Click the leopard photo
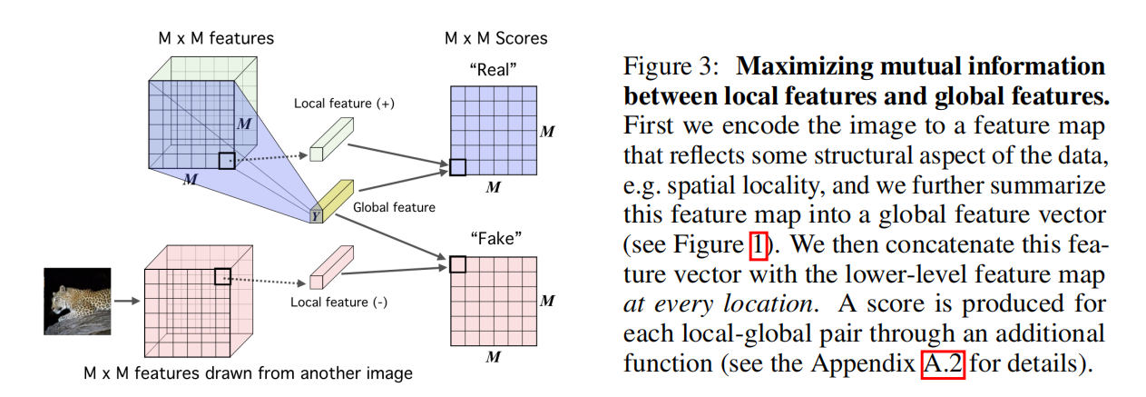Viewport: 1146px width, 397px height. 76,301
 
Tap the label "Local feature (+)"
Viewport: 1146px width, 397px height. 344,104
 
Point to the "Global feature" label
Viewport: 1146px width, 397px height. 395,207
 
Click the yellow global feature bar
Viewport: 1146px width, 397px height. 333,194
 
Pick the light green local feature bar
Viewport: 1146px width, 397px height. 328,140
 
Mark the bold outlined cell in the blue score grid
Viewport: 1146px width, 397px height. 458,167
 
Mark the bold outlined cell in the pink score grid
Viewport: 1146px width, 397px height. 457,264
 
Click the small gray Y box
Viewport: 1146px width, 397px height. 315,215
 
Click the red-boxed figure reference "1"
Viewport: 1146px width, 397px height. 759,245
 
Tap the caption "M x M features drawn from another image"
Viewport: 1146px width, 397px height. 248,372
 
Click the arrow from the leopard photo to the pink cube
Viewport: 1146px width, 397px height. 127,300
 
